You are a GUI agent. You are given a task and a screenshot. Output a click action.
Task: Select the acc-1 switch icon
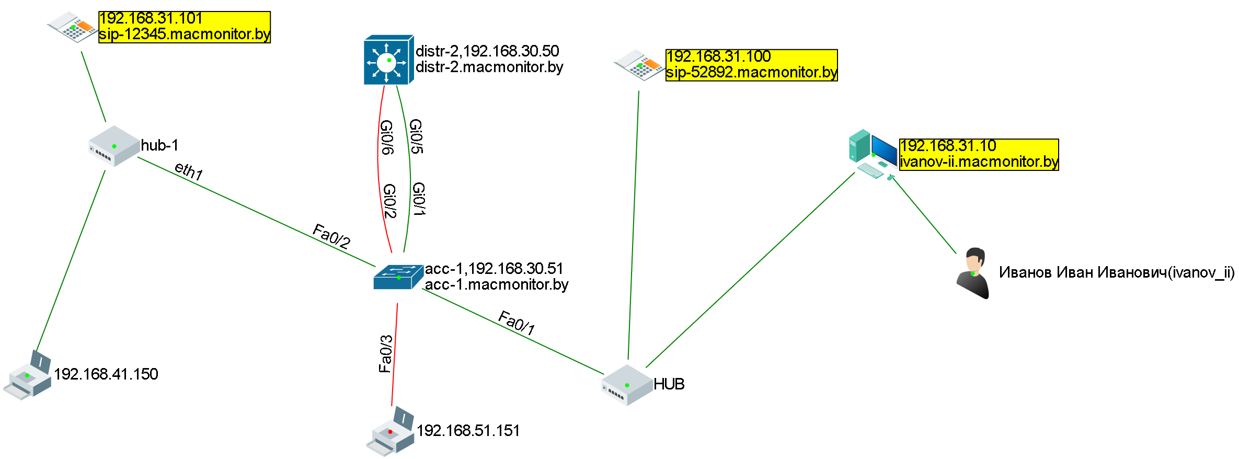click(398, 277)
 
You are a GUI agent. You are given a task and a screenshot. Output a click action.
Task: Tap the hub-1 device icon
click(114, 146)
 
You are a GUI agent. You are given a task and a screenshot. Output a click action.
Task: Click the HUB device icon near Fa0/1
click(627, 385)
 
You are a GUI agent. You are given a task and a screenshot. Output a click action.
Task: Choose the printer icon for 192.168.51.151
click(390, 432)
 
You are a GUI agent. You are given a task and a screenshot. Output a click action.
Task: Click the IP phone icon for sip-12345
click(72, 27)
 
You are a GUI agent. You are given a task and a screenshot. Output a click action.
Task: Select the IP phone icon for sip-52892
click(639, 65)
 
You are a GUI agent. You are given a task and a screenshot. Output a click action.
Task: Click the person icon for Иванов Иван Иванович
click(972, 273)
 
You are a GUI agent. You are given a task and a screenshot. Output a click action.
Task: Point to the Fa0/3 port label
click(385, 354)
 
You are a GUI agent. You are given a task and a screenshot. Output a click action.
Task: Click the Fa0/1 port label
click(517, 323)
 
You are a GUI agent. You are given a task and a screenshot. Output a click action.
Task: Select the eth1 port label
click(189, 171)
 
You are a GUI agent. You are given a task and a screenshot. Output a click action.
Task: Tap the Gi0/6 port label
click(387, 137)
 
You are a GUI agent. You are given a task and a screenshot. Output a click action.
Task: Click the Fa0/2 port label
click(331, 236)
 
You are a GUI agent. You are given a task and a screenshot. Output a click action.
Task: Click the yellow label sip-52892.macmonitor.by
click(751, 72)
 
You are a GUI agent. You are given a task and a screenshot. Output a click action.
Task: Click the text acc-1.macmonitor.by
click(496, 284)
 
